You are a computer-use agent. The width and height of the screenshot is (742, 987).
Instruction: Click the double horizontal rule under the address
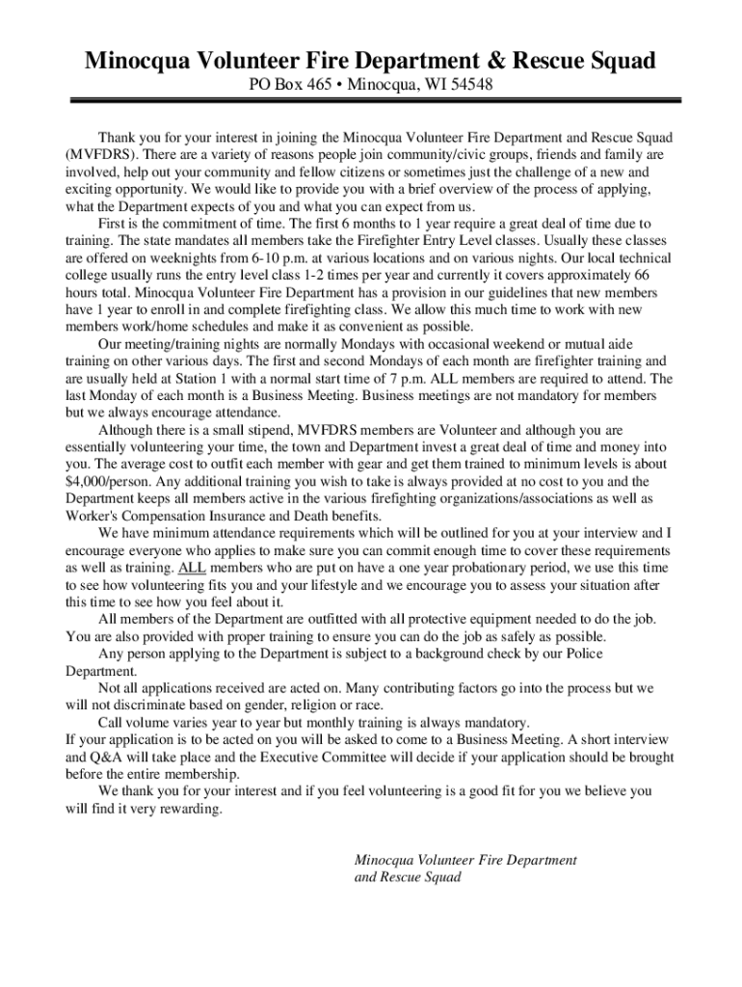click(371, 100)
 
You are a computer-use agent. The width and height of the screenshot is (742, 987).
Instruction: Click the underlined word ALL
click(193, 568)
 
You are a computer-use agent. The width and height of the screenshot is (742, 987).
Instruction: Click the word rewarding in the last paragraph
click(192, 809)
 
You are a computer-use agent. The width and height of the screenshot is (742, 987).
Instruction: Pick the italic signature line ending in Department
click(465, 860)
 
